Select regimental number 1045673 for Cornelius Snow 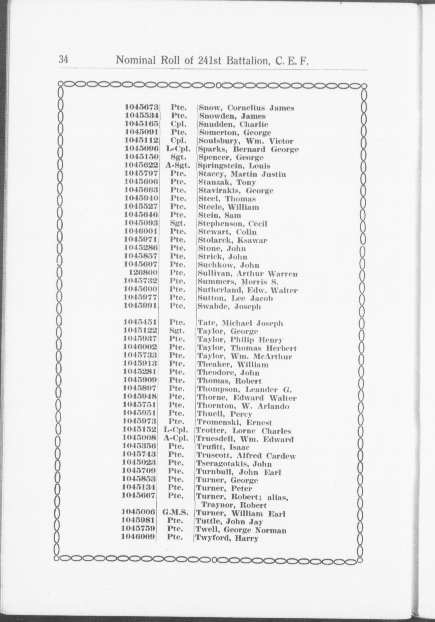click(142, 108)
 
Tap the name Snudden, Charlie click(233, 124)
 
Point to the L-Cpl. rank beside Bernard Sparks click(178, 149)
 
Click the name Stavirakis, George click(235, 191)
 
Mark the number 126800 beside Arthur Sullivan click(144, 274)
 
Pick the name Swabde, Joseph click(229, 306)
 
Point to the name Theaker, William click(233, 364)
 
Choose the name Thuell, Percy click(224, 414)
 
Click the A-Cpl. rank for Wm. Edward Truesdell click(176, 439)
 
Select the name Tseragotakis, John click(234, 464)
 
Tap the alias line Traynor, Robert click(234, 505)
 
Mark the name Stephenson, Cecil click(232, 224)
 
